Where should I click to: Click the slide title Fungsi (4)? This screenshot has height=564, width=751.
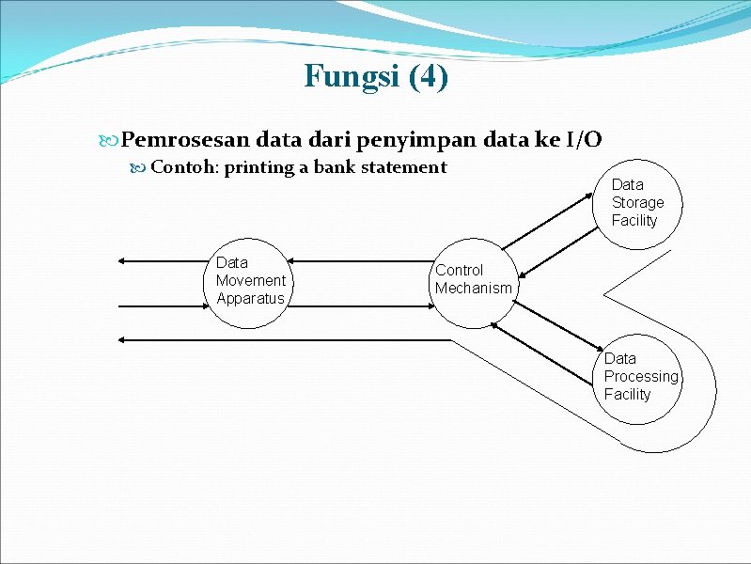[x=376, y=75]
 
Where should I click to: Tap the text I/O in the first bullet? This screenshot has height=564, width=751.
[x=584, y=140]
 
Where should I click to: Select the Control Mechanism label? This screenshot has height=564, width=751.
[x=473, y=279]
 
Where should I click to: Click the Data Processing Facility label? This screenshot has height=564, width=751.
[x=641, y=377]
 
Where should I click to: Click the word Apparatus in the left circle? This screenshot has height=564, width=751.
[x=249, y=299]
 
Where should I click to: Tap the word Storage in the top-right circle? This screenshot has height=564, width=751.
[x=637, y=202]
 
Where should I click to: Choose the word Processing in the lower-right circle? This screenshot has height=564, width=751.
[x=641, y=376]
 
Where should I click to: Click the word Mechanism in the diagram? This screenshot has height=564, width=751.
[x=473, y=289]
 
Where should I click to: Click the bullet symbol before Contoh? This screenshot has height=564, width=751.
[x=138, y=168]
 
